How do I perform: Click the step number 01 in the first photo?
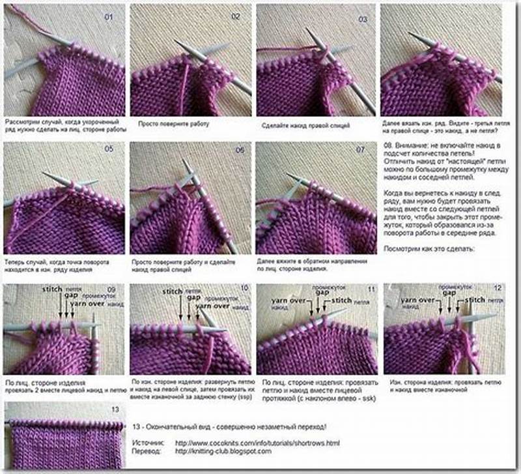[x=109, y=17]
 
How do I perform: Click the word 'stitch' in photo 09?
[x=53, y=288]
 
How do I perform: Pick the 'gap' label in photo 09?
[x=66, y=297]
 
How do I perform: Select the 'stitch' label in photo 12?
[x=475, y=300]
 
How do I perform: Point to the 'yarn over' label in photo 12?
[x=418, y=300]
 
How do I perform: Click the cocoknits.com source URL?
[x=257, y=443]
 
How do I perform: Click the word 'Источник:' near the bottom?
[x=147, y=443]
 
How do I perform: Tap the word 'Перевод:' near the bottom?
[x=147, y=451]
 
